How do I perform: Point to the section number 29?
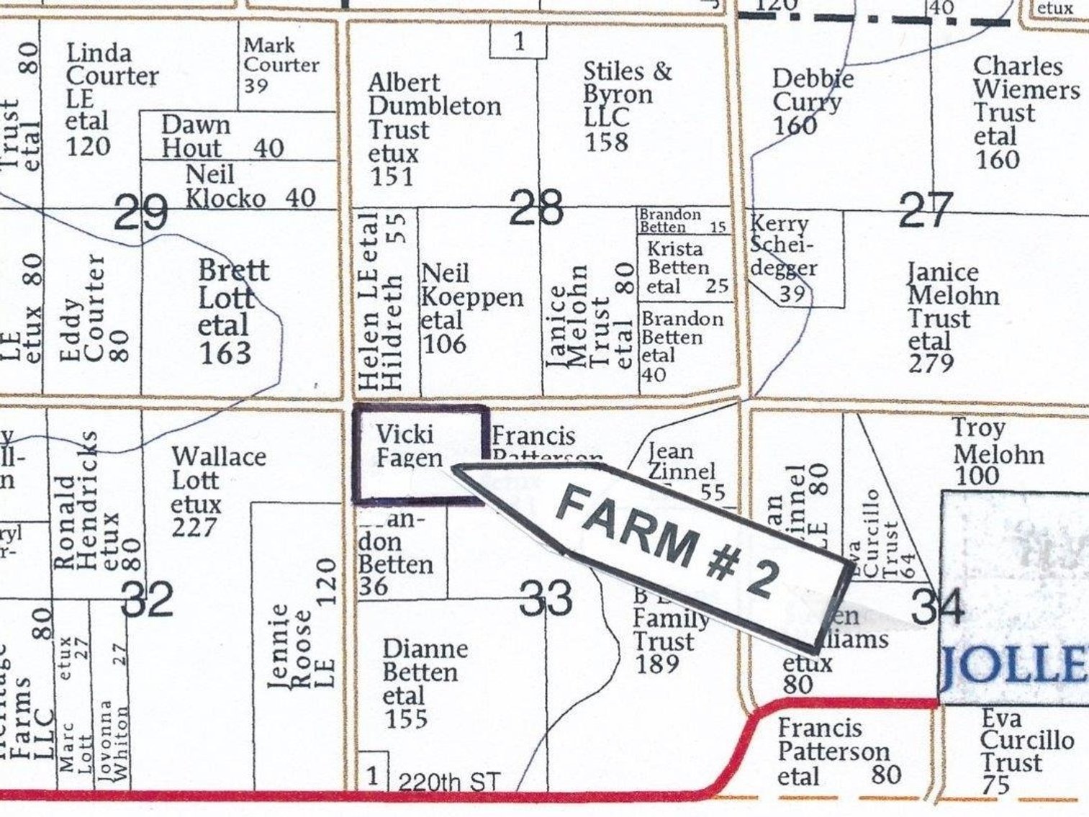tap(141, 214)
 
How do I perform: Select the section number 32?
tap(148, 600)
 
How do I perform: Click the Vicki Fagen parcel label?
tap(408, 446)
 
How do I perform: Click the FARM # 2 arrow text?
tap(666, 540)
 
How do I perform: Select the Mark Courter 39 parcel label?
tap(280, 65)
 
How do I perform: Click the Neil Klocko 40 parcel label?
tap(250, 186)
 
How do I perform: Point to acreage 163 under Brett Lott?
tap(225, 353)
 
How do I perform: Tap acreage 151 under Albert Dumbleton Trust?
tap(392, 176)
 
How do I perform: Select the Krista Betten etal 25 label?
tap(685, 268)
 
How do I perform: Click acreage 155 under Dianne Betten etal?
tap(406, 718)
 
